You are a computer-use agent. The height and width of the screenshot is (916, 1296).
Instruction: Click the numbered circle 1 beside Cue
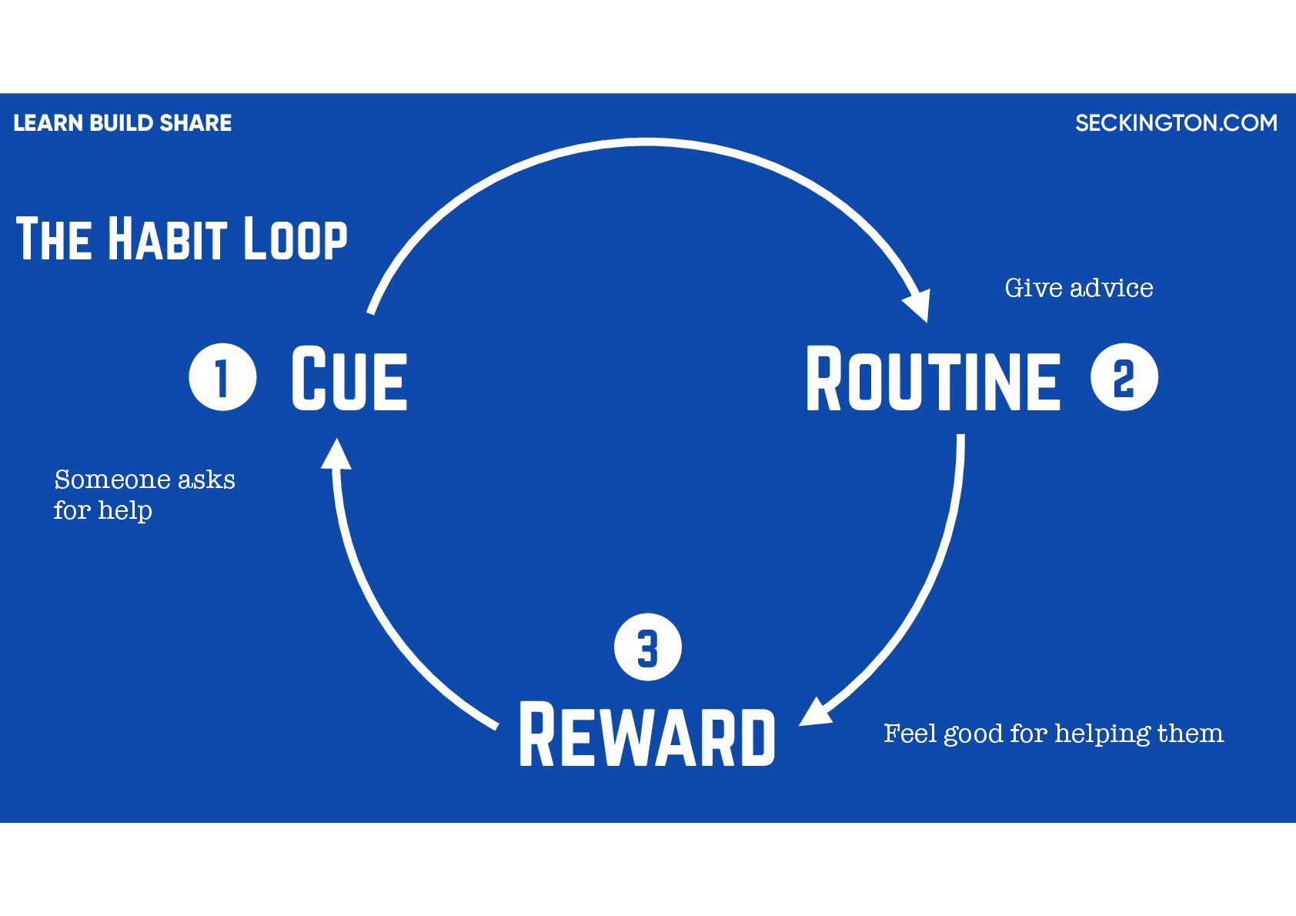(x=222, y=377)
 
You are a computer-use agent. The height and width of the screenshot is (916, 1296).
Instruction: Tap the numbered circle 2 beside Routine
(x=1124, y=377)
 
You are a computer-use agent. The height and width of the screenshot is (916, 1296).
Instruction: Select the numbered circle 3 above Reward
(x=648, y=647)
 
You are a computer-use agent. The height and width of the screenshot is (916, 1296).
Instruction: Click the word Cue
(x=349, y=378)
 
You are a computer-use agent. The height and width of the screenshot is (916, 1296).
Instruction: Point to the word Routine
(x=933, y=379)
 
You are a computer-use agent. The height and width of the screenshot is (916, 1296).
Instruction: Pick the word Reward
(x=647, y=735)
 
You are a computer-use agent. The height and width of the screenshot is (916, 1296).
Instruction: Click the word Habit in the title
(x=167, y=239)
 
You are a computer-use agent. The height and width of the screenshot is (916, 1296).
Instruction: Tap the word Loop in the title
(x=296, y=239)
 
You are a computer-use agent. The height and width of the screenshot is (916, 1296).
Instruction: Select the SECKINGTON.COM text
(x=1176, y=123)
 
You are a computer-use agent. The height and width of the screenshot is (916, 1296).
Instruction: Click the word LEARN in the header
(x=48, y=123)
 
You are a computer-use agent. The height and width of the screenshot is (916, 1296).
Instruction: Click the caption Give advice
(x=1078, y=288)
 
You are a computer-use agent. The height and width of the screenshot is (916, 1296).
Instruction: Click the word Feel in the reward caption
(x=910, y=733)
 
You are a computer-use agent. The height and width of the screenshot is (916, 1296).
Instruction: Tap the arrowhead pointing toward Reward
(x=816, y=712)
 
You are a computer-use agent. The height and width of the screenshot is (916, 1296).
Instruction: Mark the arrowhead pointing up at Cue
(x=336, y=454)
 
